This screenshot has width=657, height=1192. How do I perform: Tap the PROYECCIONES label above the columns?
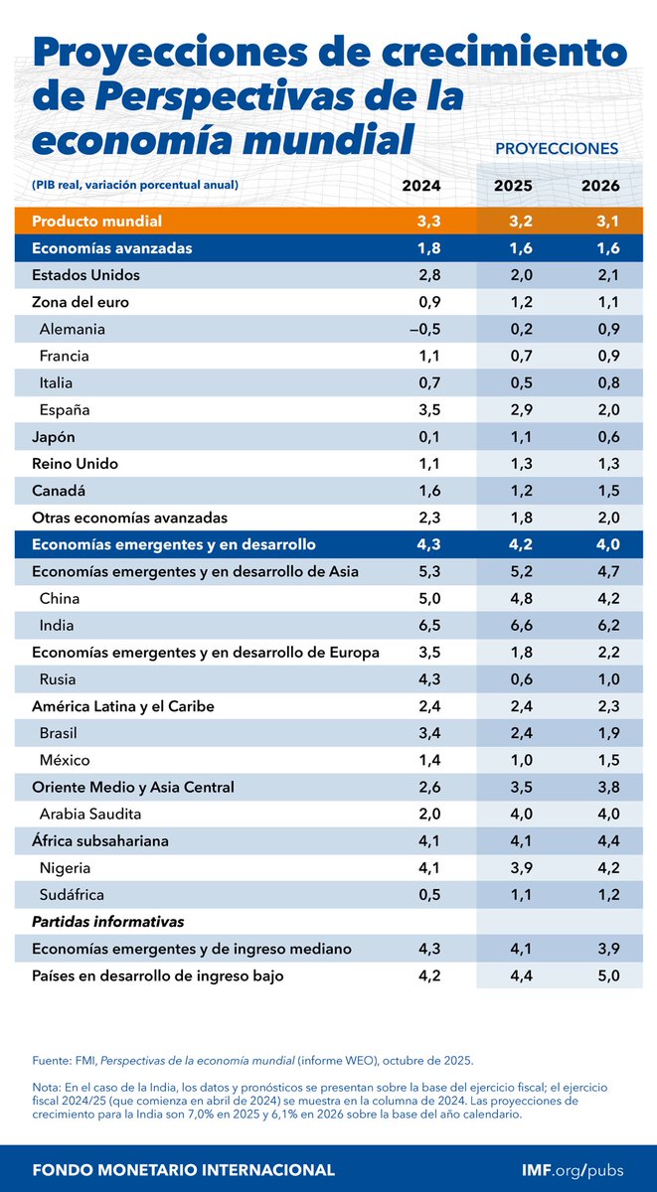(x=556, y=148)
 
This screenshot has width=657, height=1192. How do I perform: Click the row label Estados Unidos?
(x=85, y=274)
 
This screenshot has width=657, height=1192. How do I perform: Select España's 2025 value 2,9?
(x=513, y=409)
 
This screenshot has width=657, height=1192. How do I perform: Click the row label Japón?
(x=56, y=437)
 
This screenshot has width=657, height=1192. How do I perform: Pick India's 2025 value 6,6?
(x=513, y=626)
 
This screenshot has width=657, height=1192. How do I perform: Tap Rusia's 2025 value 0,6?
(x=513, y=680)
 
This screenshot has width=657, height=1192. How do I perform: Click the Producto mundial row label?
(x=96, y=221)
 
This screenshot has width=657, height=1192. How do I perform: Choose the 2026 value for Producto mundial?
(x=601, y=221)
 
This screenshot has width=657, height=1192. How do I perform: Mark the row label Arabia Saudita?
(x=93, y=815)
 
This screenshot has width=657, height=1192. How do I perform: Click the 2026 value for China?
(x=601, y=599)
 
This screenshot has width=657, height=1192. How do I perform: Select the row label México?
(x=65, y=761)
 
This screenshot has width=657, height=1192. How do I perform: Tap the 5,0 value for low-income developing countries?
(x=601, y=976)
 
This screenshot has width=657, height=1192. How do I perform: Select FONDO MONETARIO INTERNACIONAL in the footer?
(x=183, y=1169)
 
